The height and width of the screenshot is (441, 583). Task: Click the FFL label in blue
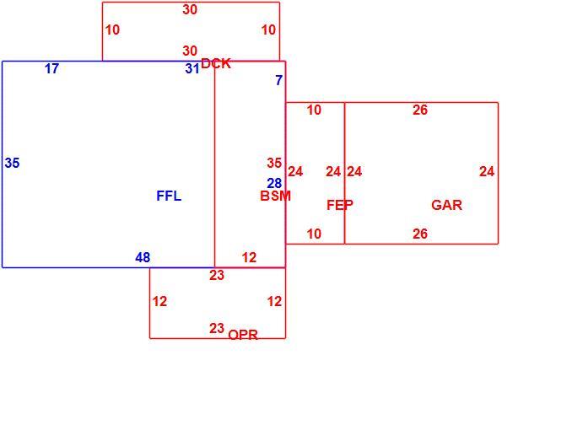169,196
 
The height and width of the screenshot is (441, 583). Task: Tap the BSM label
275,196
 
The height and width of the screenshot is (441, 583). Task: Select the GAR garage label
446,205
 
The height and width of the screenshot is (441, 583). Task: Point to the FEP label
339,205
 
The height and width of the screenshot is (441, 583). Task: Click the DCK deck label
216,63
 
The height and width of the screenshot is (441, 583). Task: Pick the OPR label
243,335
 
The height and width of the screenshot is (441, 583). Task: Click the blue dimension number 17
51,69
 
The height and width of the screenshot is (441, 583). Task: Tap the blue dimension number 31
192,69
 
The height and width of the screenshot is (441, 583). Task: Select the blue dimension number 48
143,257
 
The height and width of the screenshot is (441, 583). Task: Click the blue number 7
279,80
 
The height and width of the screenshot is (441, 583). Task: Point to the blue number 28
274,183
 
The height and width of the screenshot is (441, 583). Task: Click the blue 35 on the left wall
13,163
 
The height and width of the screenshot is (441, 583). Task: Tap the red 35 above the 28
274,163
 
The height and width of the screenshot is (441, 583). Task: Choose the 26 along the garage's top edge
420,110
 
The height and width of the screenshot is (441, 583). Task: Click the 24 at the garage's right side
487,172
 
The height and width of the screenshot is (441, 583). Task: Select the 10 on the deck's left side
113,30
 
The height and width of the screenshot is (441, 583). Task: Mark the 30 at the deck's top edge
190,9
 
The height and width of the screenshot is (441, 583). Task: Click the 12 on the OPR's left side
159,302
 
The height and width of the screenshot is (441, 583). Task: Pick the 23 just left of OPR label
217,328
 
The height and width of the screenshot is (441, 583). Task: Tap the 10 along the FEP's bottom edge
314,234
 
